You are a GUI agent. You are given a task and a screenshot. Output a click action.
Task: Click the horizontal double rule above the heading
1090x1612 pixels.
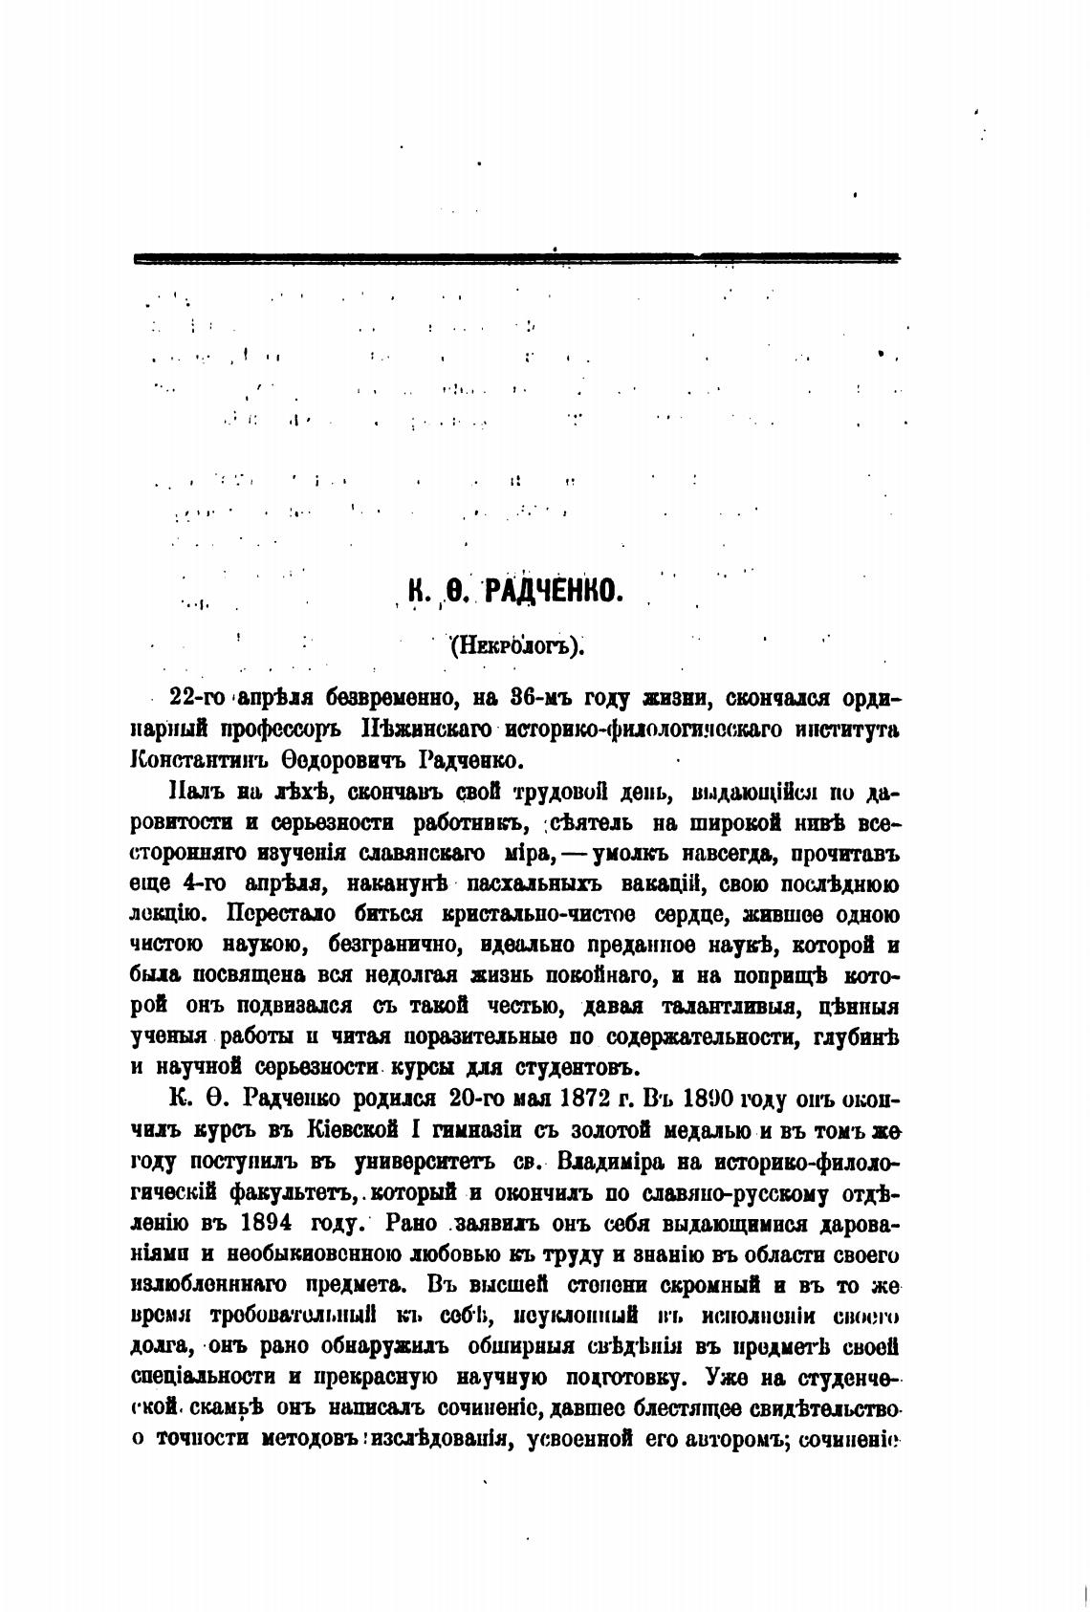tap(516, 257)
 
